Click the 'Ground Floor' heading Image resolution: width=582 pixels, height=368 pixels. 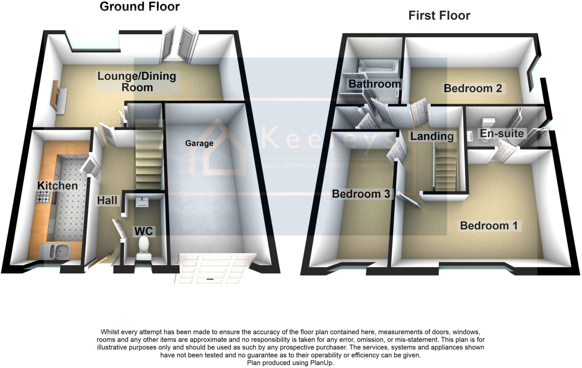point(140,7)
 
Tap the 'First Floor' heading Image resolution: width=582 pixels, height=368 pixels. point(439,15)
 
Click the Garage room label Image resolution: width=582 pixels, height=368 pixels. point(199,143)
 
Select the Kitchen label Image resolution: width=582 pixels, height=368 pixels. point(58,186)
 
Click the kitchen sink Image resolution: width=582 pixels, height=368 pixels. point(56,251)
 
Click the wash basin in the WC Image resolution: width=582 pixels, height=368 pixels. point(142,202)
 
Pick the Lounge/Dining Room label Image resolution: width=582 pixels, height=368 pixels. point(137,82)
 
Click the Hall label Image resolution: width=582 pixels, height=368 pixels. point(107,200)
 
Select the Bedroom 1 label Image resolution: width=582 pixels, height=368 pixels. point(489,226)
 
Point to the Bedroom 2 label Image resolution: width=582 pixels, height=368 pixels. point(473,88)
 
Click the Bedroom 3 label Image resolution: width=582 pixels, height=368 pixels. point(361,194)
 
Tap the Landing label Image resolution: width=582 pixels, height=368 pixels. point(432,136)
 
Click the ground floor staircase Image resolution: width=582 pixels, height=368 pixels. point(149,155)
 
